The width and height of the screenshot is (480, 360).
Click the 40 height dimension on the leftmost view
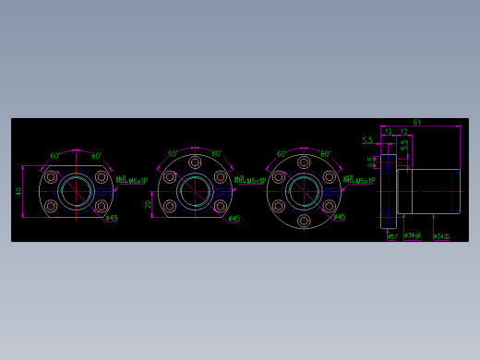pos(18,192)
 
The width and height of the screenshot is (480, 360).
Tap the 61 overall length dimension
pos(417,122)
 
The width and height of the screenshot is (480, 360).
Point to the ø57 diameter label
pos(392,236)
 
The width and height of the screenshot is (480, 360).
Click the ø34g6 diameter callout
pos(414,236)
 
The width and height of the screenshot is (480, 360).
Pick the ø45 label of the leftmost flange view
pos(111,219)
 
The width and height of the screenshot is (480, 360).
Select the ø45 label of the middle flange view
pos(234,219)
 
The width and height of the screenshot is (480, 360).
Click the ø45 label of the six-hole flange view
pos(339,218)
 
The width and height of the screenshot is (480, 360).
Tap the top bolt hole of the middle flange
pos(195,162)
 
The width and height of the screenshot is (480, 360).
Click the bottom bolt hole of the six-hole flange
pos(304,221)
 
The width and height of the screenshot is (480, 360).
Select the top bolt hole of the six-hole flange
pos(304,162)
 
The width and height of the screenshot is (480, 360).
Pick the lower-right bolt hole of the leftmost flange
pos(101,206)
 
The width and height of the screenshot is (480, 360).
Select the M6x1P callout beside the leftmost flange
pos(137,182)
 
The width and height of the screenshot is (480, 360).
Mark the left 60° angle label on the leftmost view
pos(55,156)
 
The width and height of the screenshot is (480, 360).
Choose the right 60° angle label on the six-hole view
pos(325,154)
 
